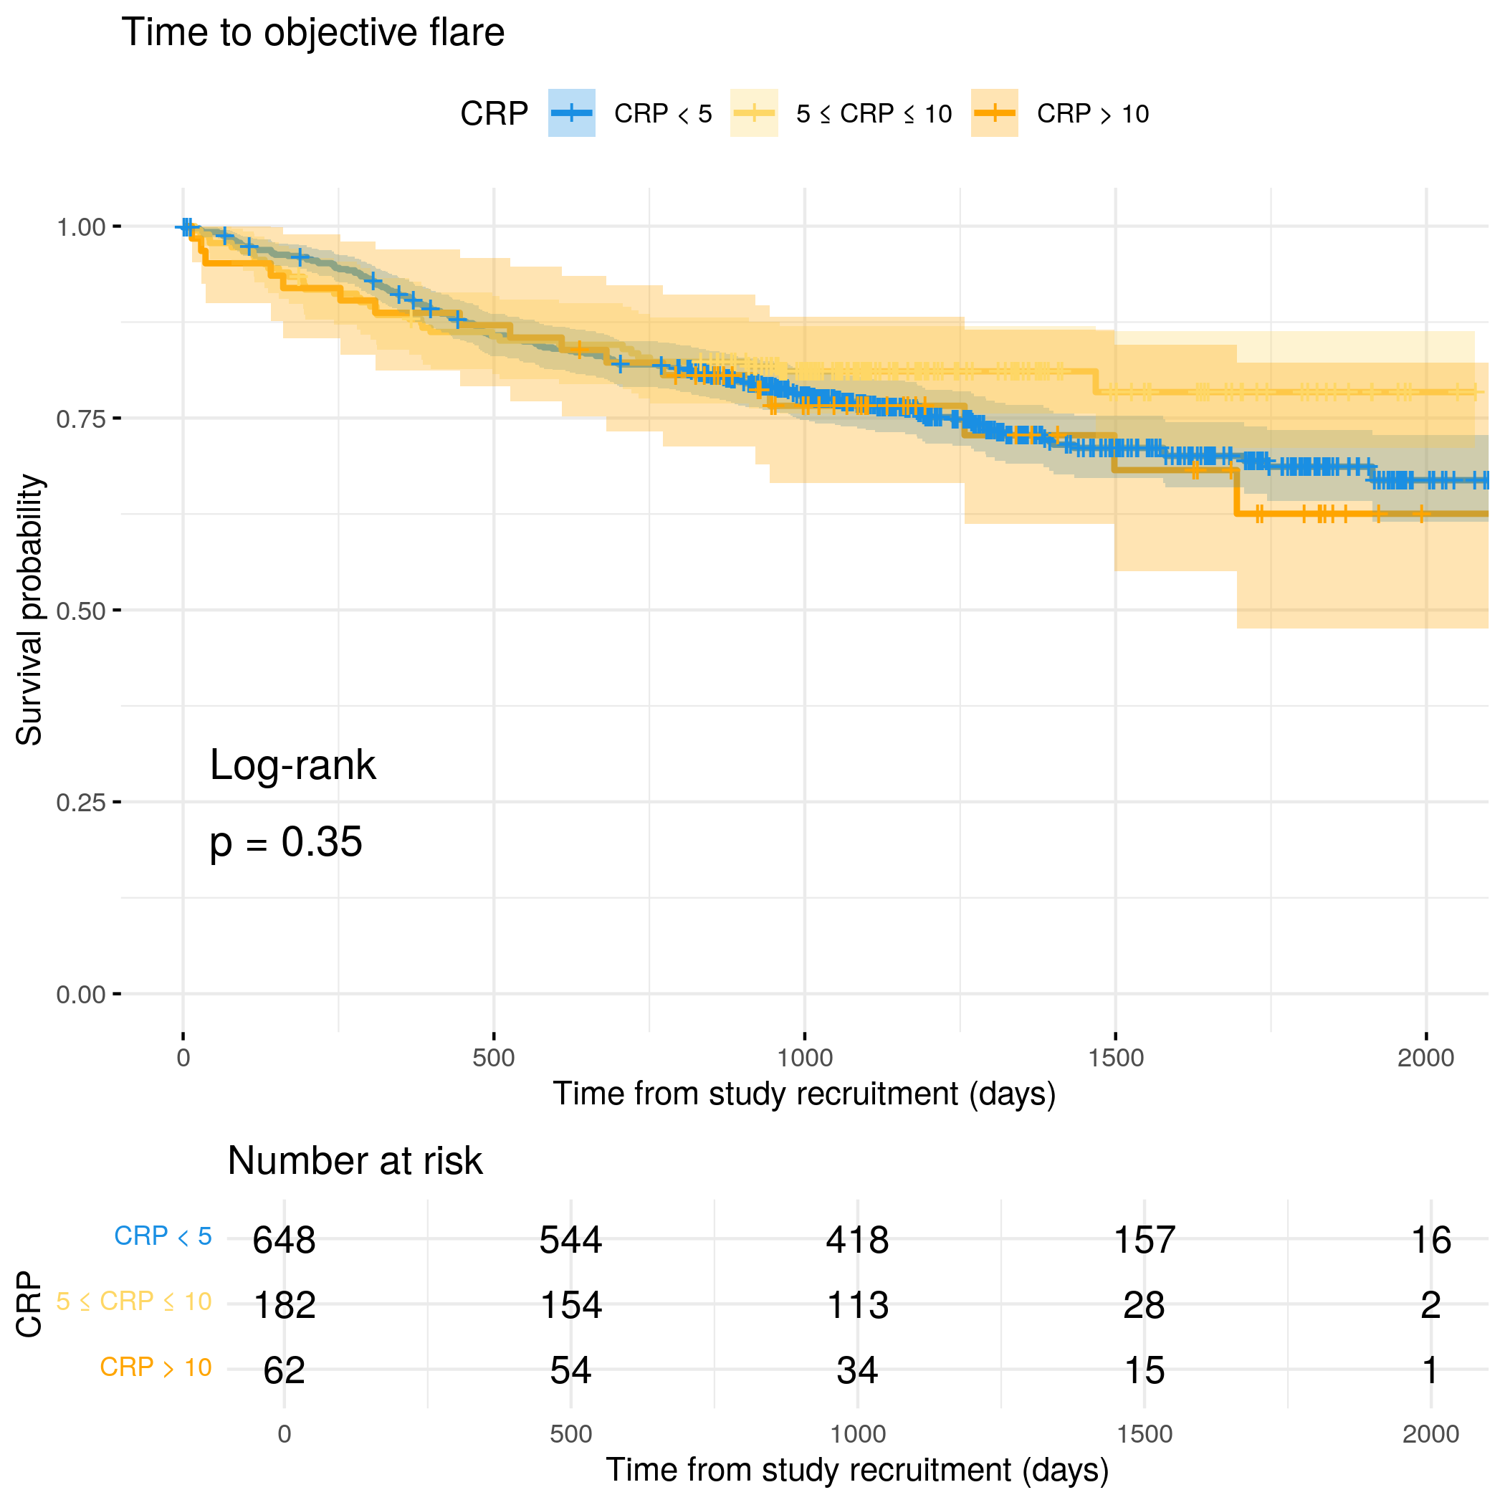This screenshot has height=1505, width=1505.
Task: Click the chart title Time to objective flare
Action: point(312,33)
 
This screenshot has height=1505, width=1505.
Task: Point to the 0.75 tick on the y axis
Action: point(80,419)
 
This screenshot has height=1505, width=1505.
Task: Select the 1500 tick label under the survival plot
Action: point(1116,1058)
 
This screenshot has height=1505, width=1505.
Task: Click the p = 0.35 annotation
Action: point(286,842)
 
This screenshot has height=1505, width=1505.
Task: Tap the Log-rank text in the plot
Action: point(293,765)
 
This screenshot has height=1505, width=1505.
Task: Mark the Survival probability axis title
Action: point(29,610)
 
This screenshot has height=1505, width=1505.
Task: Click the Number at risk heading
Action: point(355,1161)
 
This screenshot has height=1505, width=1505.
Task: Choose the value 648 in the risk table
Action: point(285,1239)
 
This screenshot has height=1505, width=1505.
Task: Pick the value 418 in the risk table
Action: point(858,1239)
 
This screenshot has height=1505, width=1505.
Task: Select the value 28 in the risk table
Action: point(1144,1305)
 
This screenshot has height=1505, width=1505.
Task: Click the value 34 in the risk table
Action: point(858,1370)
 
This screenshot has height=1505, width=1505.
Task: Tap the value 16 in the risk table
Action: point(1430,1239)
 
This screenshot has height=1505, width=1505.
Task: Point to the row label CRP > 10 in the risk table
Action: point(156,1367)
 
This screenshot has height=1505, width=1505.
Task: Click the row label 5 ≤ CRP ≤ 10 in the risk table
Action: point(134,1301)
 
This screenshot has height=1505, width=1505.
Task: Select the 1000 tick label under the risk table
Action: point(858,1434)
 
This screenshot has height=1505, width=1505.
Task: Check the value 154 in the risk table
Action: point(571,1305)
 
